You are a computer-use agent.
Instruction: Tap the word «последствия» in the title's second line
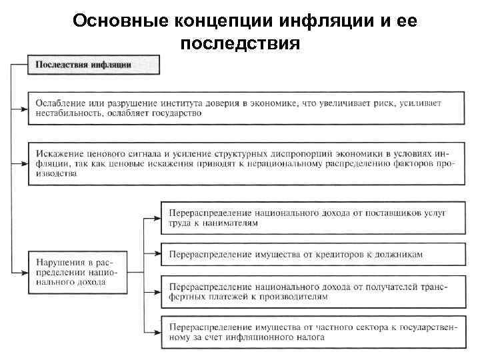240,44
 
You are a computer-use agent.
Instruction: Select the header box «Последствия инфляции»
93,65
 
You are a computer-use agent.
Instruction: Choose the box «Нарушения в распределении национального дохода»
73,269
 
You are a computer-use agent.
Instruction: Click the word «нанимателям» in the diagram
229,224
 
